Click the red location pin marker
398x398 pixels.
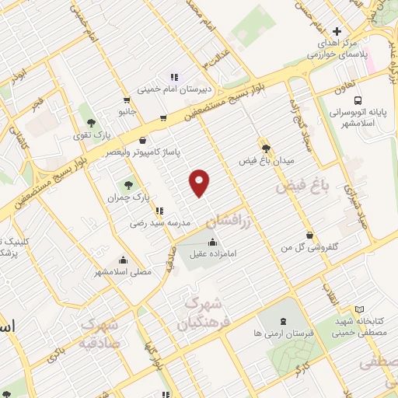(x=201, y=182)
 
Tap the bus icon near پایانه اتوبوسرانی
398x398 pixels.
(x=358, y=100)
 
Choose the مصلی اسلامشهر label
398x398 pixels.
(x=123, y=272)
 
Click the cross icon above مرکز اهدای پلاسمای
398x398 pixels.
(x=336, y=31)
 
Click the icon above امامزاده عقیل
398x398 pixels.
(x=213, y=242)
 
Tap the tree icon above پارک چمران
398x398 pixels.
(x=129, y=185)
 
